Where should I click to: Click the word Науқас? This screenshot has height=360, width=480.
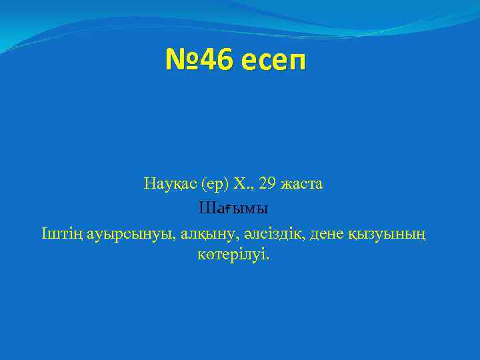pyautogui.click(x=168, y=183)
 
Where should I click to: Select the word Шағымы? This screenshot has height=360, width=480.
pyautogui.click(x=233, y=209)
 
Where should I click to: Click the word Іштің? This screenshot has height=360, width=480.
pyautogui.click(x=61, y=233)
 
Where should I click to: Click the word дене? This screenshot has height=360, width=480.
pyautogui.click(x=337, y=233)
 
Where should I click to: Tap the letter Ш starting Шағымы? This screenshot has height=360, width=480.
pyautogui.click(x=206, y=209)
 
